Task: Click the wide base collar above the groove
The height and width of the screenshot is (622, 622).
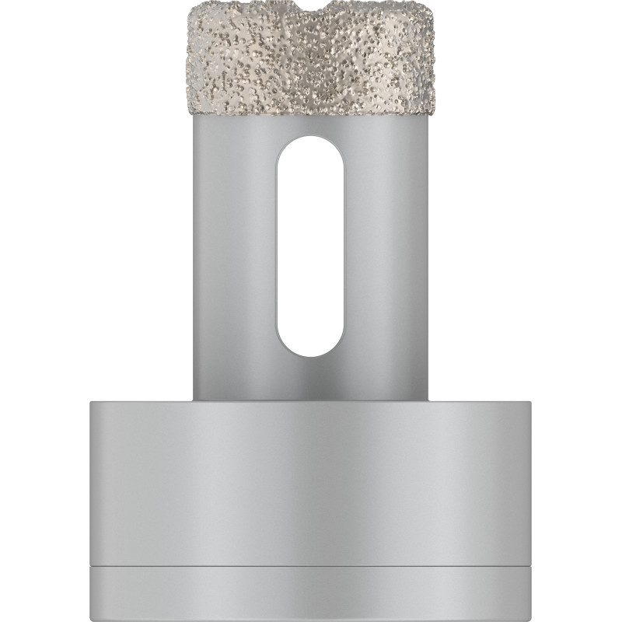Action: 311,482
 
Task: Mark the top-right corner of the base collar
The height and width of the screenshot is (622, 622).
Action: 531,400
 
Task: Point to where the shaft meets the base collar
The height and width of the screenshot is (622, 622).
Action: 311,400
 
